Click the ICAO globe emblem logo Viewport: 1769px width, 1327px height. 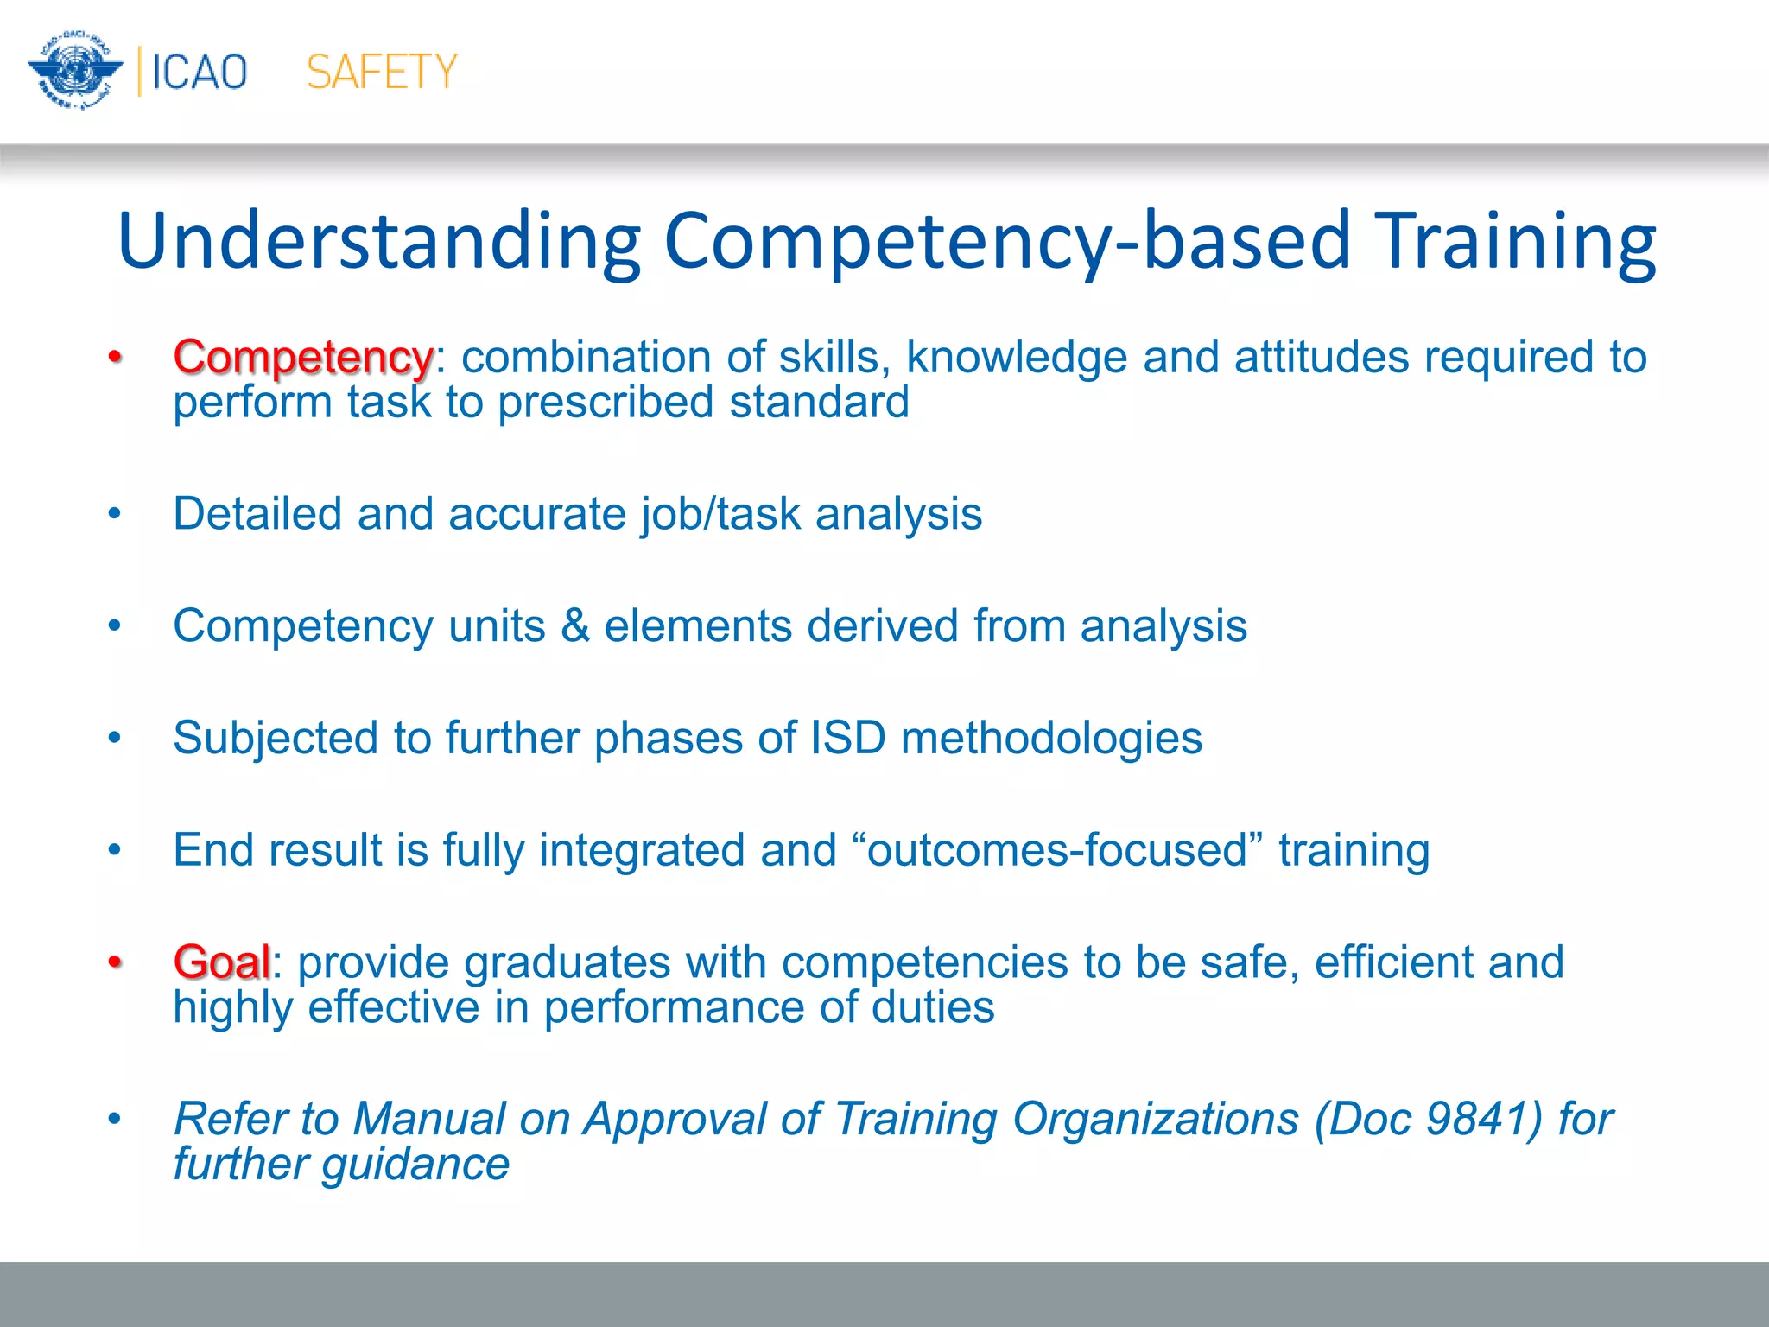point(75,71)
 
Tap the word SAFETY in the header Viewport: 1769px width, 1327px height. point(382,72)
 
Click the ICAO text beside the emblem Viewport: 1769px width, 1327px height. point(200,72)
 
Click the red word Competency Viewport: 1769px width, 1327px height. point(302,357)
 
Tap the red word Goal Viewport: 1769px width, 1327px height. point(222,962)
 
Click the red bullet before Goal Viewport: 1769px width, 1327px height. point(115,962)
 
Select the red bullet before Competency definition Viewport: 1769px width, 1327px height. point(115,357)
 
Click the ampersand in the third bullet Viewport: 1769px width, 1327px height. point(575,625)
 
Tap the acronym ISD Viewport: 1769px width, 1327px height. point(848,738)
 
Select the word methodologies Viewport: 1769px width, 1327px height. point(1051,738)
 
